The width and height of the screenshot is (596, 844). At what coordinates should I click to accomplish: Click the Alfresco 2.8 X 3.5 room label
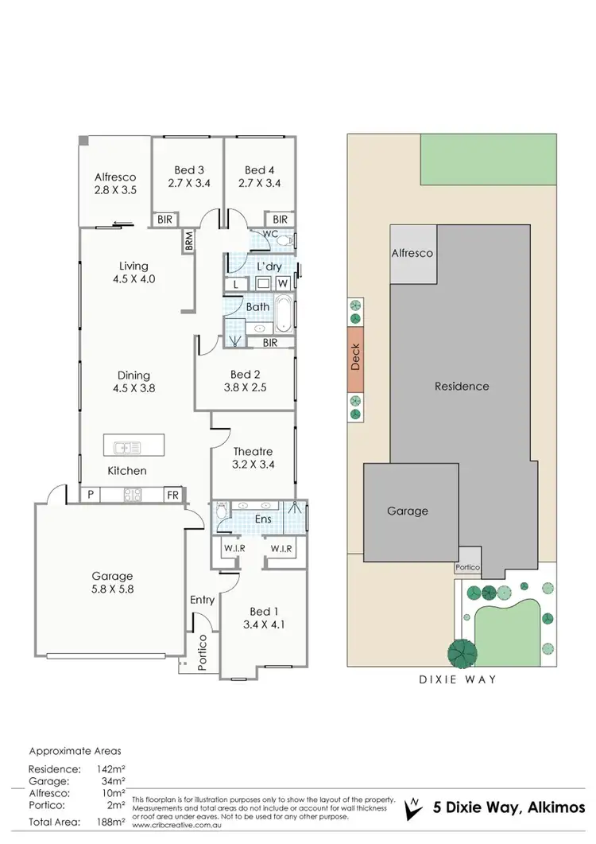115,184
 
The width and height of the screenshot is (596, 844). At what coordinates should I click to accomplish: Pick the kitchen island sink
123,447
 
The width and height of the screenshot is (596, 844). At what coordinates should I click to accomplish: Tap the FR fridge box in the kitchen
171,495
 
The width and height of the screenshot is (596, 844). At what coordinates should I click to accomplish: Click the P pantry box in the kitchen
91,495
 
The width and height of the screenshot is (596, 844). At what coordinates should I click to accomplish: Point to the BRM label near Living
188,242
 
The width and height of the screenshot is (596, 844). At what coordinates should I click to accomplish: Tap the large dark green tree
460,653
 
